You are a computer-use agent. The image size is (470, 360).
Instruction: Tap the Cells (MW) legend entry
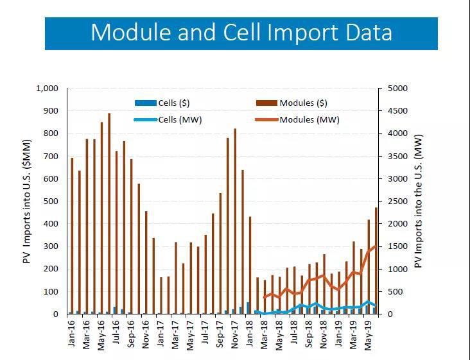[162, 119]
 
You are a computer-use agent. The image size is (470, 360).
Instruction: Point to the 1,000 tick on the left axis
[47, 89]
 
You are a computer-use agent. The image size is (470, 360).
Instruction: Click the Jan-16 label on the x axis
[71, 334]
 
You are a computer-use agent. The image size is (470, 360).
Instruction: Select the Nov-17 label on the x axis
[235, 334]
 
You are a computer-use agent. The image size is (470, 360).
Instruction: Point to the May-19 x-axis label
[369, 334]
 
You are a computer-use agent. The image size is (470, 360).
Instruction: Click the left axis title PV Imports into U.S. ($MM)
[27, 201]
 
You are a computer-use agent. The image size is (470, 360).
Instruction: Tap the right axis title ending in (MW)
[419, 201]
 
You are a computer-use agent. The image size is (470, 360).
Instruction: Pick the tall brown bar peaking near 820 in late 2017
[235, 221]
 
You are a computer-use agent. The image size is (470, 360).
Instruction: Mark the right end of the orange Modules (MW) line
[375, 246]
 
